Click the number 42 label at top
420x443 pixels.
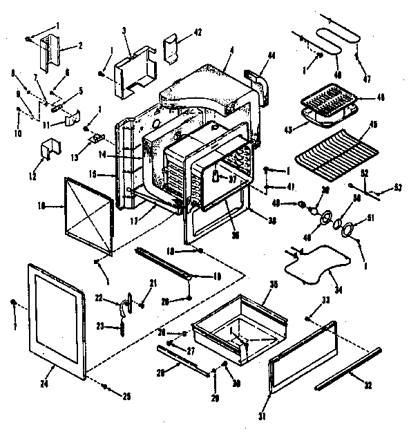point(178,32)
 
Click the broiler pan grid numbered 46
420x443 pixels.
point(330,104)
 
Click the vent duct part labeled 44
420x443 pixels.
point(256,82)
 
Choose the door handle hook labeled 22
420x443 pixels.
point(126,301)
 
